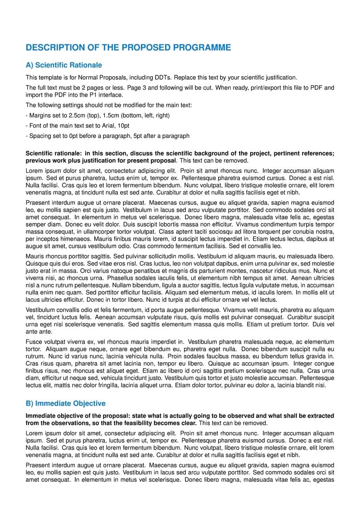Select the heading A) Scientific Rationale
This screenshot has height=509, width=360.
[64, 65]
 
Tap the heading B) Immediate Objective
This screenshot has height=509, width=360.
[66, 403]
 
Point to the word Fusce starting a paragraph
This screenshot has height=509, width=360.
[34, 342]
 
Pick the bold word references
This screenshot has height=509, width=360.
[318, 154]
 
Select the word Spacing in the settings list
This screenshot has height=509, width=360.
[40, 136]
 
